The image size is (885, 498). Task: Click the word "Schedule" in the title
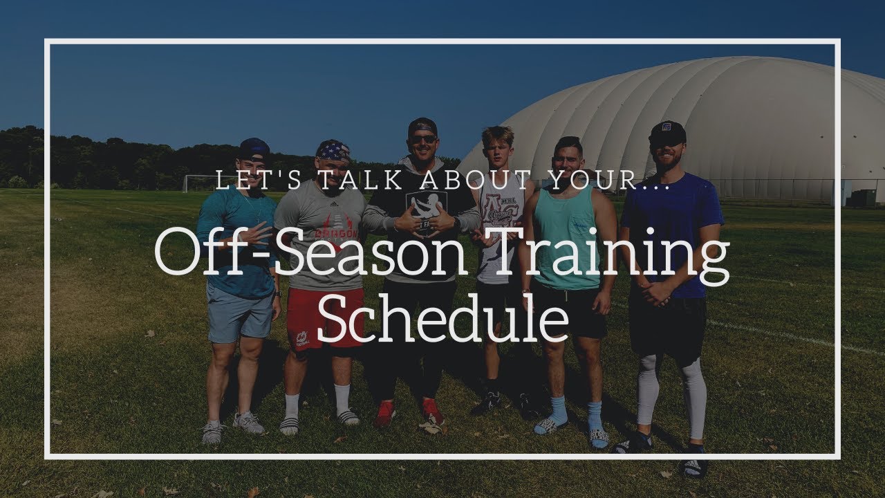click(x=442, y=320)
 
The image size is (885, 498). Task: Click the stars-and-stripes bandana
click(x=333, y=149)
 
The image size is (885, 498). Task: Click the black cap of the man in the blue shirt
click(x=667, y=131)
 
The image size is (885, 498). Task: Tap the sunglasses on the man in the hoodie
click(x=422, y=139)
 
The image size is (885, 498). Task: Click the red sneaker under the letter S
click(x=384, y=414)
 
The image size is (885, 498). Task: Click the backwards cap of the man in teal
click(x=254, y=147)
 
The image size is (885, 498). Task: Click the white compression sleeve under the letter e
click(x=693, y=398)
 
